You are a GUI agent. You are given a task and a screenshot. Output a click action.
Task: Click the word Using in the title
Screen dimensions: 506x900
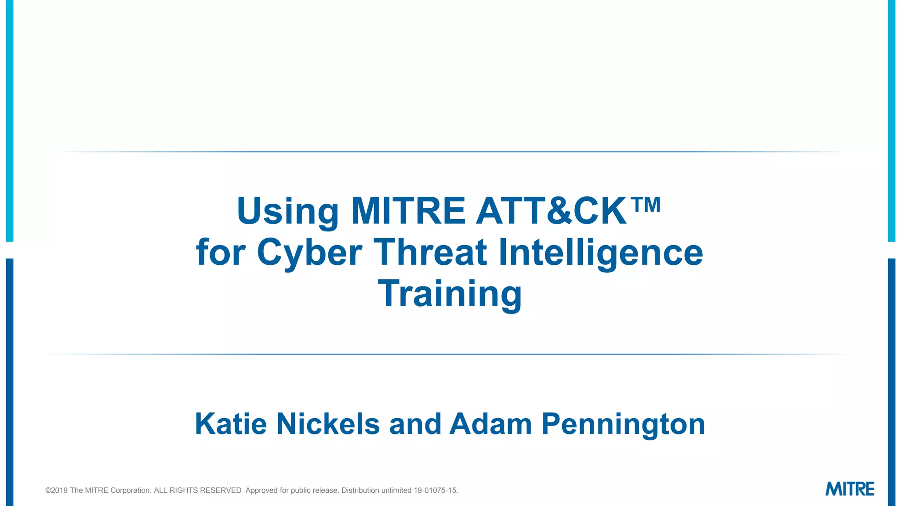[x=287, y=212]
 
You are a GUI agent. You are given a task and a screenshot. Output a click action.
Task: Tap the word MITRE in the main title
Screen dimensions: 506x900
[x=408, y=211]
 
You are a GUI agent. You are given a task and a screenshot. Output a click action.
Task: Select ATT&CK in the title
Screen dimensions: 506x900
[x=551, y=211]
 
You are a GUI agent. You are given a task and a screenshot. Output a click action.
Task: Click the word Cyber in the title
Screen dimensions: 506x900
[x=309, y=253]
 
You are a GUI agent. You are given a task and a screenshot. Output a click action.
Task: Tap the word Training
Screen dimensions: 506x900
[x=450, y=293]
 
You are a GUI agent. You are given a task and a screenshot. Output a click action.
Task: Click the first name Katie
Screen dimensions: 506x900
[x=231, y=424]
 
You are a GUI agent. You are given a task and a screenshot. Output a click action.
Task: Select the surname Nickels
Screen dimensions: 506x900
[x=328, y=424]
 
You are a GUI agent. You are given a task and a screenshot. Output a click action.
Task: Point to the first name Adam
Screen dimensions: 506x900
[x=490, y=424]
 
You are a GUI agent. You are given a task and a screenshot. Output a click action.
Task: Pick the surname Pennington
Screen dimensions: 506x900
[x=623, y=424]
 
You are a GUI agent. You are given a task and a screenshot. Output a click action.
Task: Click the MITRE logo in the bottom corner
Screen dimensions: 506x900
[x=849, y=489]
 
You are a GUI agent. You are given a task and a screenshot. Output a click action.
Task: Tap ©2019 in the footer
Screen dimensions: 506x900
[x=57, y=491]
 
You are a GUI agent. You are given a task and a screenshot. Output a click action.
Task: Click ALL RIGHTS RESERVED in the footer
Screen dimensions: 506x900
[x=197, y=491]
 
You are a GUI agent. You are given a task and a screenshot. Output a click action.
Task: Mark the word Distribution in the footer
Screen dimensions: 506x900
[x=360, y=491]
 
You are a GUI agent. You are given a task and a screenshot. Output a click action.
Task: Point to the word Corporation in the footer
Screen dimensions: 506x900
[x=130, y=491]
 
